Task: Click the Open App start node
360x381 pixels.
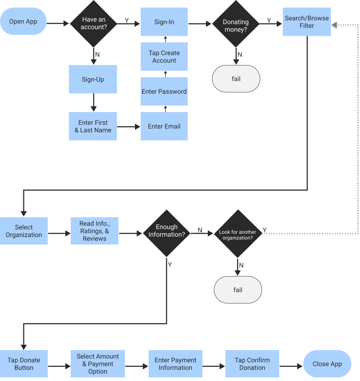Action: [23, 22]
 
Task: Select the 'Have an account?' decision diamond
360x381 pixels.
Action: [94, 24]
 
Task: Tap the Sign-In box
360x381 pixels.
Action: [164, 22]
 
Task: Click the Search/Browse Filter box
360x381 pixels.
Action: [307, 22]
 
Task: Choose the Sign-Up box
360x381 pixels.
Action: [93, 79]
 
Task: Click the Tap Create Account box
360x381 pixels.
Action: [164, 57]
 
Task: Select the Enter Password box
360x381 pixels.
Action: [164, 92]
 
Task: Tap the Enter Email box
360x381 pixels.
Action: [164, 126]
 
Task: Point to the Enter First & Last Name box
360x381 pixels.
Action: [93, 126]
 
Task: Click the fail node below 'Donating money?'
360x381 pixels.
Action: [236, 79]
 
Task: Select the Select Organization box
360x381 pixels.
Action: [24, 231]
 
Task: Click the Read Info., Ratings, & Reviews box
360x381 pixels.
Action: [94, 231]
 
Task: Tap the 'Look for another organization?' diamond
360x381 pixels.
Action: [238, 234]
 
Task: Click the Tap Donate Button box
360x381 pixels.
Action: [24, 364]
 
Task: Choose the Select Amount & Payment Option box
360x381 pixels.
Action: [98, 364]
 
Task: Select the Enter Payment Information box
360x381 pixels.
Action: [176, 364]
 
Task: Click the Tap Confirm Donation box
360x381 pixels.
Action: [252, 364]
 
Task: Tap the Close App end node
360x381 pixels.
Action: [327, 364]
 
